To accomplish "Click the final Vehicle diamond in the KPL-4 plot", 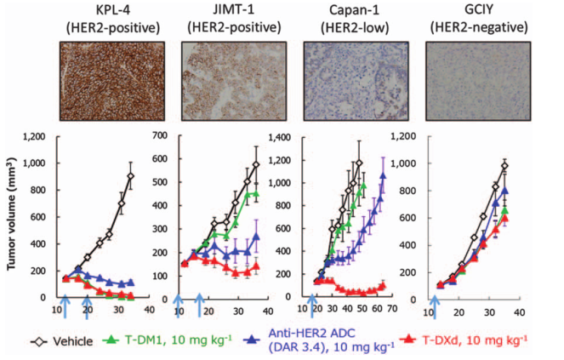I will [x=130, y=176].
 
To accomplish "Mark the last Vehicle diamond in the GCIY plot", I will [x=504, y=166].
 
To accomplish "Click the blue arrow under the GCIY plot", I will [x=436, y=306].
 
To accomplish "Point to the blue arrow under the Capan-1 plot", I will [x=310, y=306].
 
